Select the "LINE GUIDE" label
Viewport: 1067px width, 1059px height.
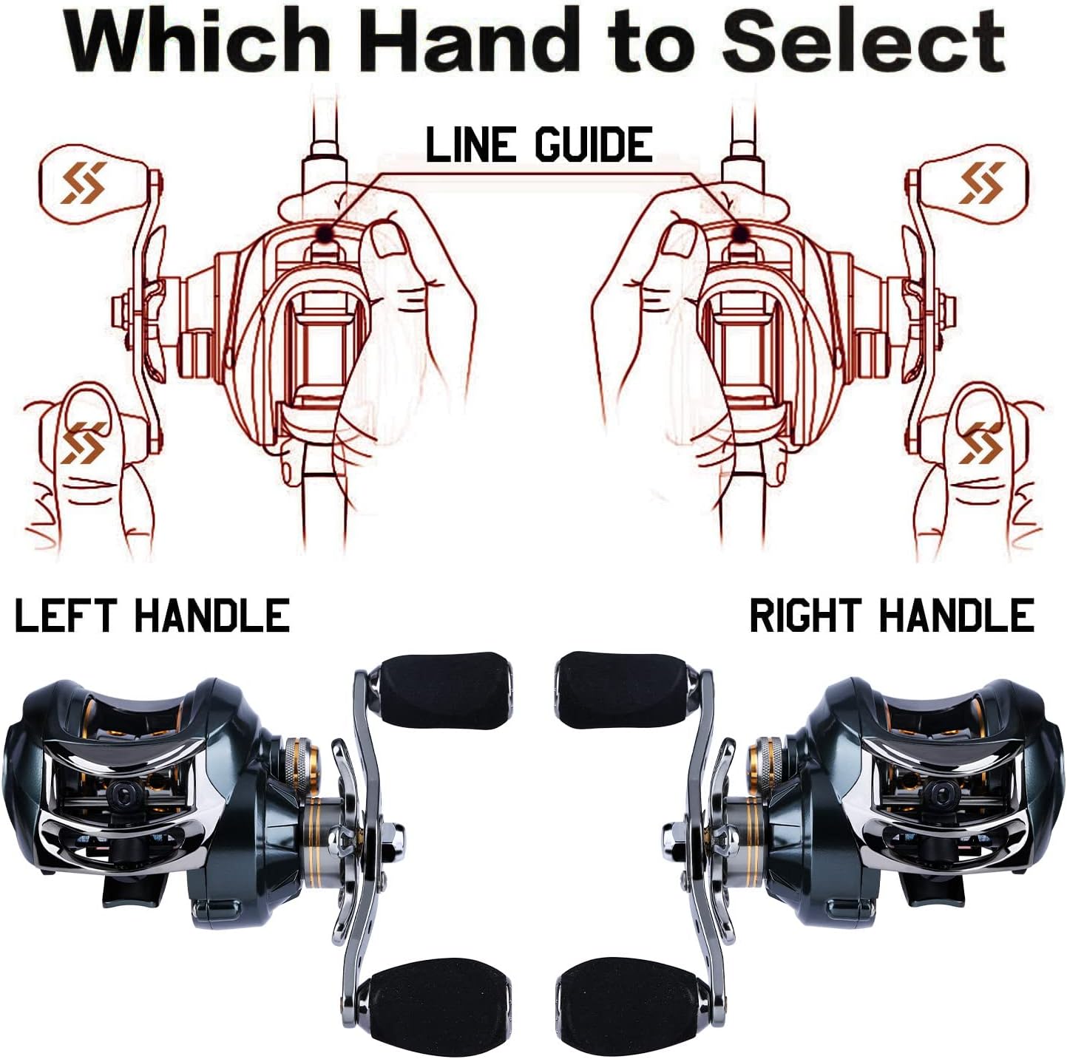click(x=539, y=145)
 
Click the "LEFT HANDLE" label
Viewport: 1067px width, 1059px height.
click(x=152, y=615)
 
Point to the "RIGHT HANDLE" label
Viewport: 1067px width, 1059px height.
click(x=892, y=615)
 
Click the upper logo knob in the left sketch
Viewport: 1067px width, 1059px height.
click(x=93, y=183)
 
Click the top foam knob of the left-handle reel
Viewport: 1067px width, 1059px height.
click(x=442, y=689)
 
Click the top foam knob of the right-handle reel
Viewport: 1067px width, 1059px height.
click(x=623, y=689)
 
